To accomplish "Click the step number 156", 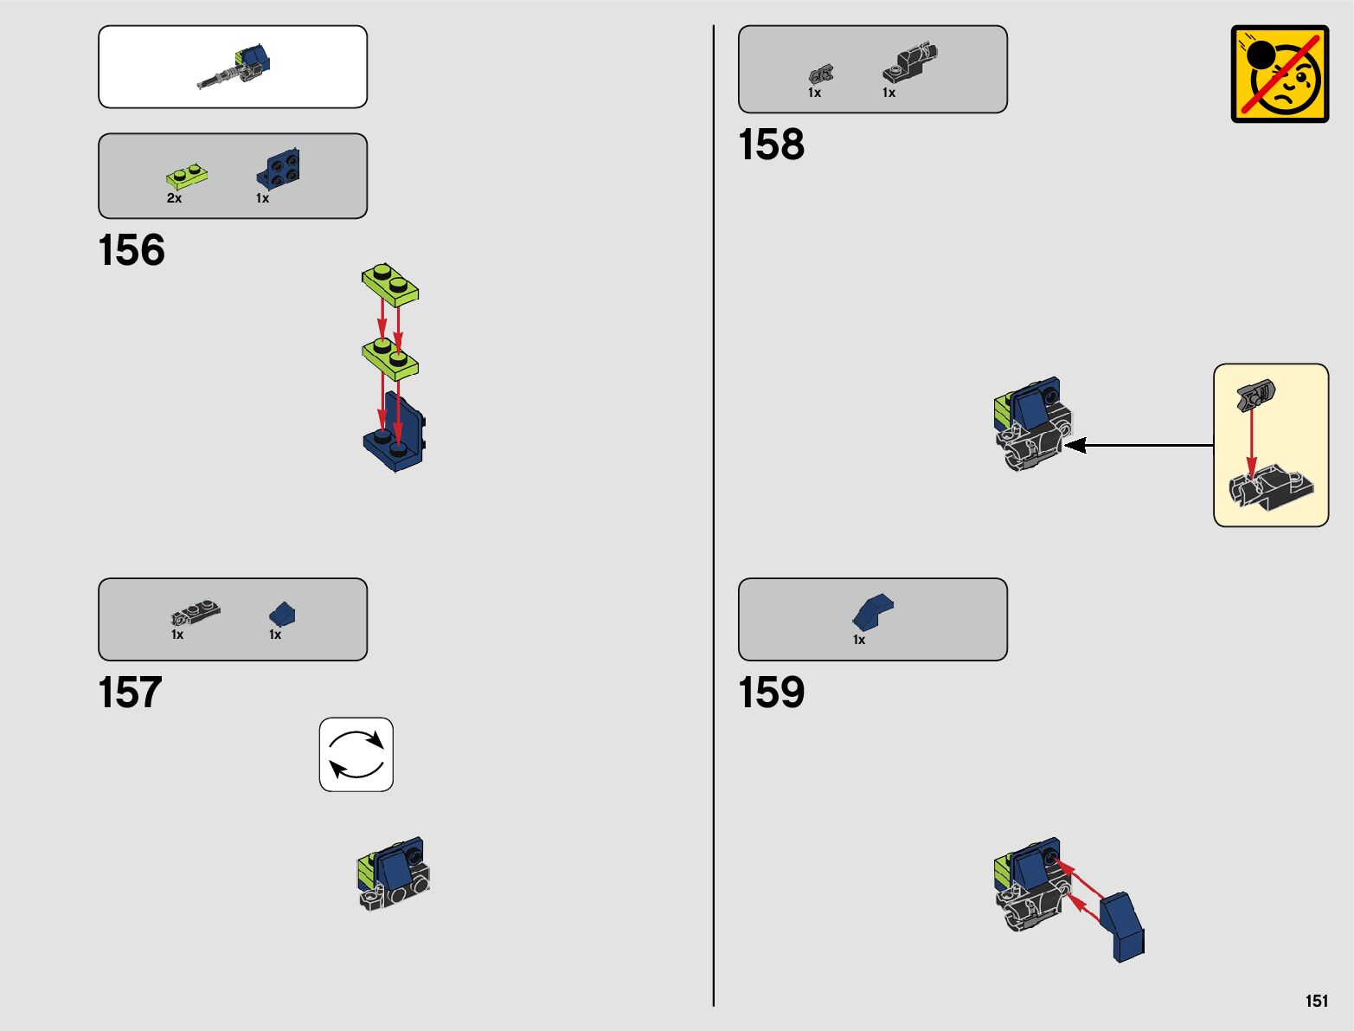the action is pos(132,250).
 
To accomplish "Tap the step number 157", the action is pos(131,693).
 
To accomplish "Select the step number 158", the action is pos(771,145).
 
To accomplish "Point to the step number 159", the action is pos(771,693).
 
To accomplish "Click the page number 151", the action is pos(1316,1001).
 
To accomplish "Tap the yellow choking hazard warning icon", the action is pos(1280,74).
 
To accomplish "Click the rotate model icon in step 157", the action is pos(356,754).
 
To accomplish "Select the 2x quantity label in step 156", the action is pos(174,198).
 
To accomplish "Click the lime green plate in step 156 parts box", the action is pos(187,177).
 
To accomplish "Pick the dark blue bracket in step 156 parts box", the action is pos(279,168).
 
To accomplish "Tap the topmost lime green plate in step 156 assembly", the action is pos(390,284).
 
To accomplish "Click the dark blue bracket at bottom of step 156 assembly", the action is pos(395,437).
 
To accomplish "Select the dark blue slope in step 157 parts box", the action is pos(282,614).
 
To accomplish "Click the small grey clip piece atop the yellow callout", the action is pos(1255,396).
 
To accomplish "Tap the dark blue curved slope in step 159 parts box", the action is pos(872,611).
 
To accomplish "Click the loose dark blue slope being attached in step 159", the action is pos(1123,926).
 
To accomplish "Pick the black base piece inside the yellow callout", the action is pos(1272,489).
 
